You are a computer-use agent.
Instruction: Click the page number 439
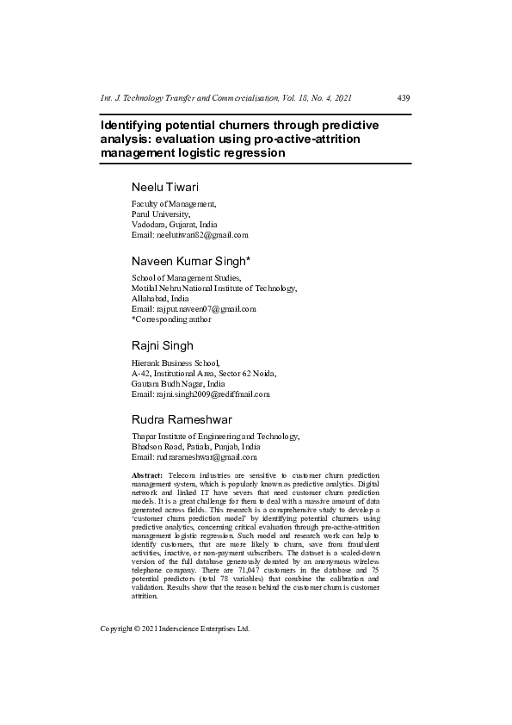(x=403, y=98)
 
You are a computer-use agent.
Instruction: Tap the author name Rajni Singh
(x=162, y=345)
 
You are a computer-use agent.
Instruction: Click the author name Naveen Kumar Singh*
(x=191, y=261)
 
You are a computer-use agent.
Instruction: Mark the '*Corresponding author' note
(x=171, y=319)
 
